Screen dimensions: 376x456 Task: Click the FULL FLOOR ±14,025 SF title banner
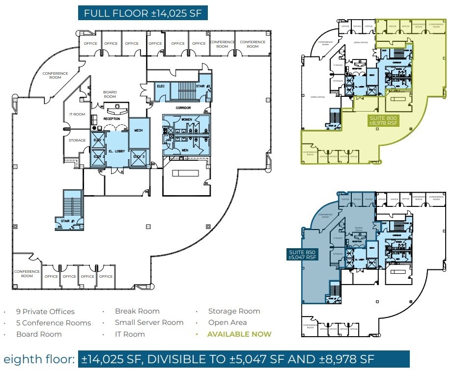pos(142,13)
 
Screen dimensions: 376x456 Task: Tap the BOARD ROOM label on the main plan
pos(110,94)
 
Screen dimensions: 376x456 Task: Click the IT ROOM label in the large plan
pos(77,115)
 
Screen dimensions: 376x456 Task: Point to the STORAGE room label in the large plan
pos(77,141)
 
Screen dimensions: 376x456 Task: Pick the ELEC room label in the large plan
pos(160,86)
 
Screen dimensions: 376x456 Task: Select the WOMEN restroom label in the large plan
pos(187,119)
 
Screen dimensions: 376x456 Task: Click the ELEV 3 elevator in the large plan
pos(139,157)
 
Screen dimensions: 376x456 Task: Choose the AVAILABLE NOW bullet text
pos(239,334)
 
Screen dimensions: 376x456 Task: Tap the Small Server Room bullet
pos(149,323)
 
